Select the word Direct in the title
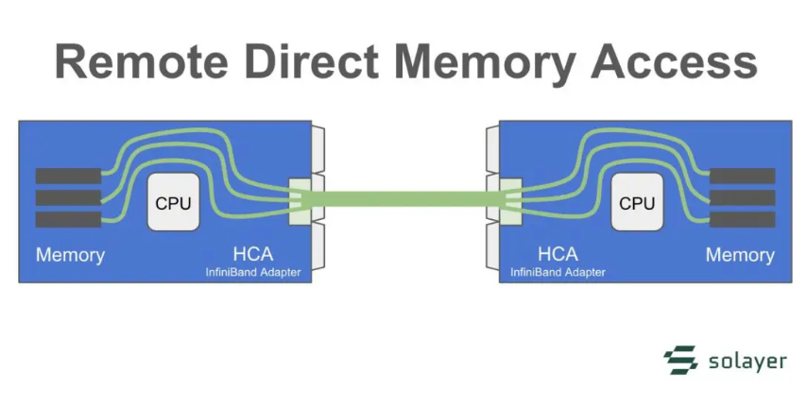[322, 62]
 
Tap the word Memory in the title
[491, 62]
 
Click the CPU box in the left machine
[174, 203]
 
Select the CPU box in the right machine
[637, 203]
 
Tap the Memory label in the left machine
[70, 255]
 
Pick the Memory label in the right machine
[740, 255]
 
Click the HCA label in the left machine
[253, 254]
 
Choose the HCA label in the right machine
[558, 254]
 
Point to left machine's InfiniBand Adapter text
[253, 272]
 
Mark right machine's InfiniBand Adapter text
[558, 272]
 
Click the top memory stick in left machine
[68, 176]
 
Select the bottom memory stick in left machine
[68, 220]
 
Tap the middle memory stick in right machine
[742, 197]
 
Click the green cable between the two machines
[404, 199]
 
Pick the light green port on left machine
[299, 200]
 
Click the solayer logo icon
[680, 361]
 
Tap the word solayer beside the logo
[747, 361]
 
